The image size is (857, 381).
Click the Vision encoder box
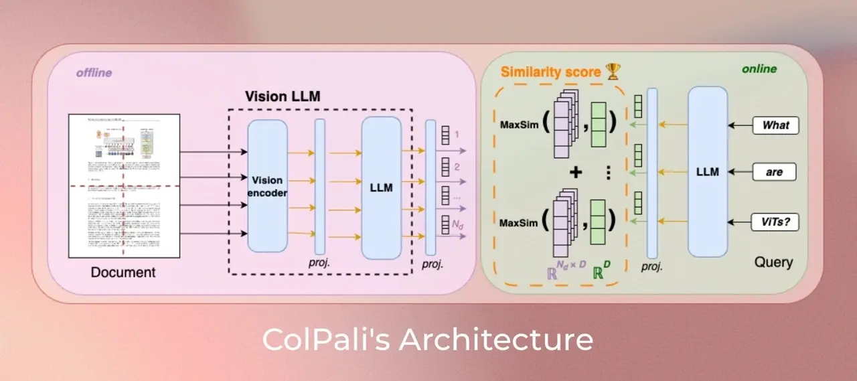tap(267, 186)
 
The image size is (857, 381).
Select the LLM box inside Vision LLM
tap(381, 187)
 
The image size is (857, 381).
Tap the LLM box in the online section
tap(707, 172)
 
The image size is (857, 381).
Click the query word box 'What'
tap(775, 125)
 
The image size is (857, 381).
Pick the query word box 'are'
tap(775, 172)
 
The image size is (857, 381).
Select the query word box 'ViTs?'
tap(775, 221)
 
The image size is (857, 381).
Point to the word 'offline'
tap(93, 72)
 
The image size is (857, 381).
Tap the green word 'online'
tap(759, 69)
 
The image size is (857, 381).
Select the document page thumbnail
tap(124, 185)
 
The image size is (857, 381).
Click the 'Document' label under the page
tap(123, 272)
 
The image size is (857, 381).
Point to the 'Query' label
tap(773, 262)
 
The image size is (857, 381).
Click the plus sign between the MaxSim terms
tap(575, 172)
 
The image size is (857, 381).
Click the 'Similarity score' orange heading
tap(550, 72)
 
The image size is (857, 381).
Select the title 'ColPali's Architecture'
tap(428, 339)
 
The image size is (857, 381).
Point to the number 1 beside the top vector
tap(458, 135)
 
